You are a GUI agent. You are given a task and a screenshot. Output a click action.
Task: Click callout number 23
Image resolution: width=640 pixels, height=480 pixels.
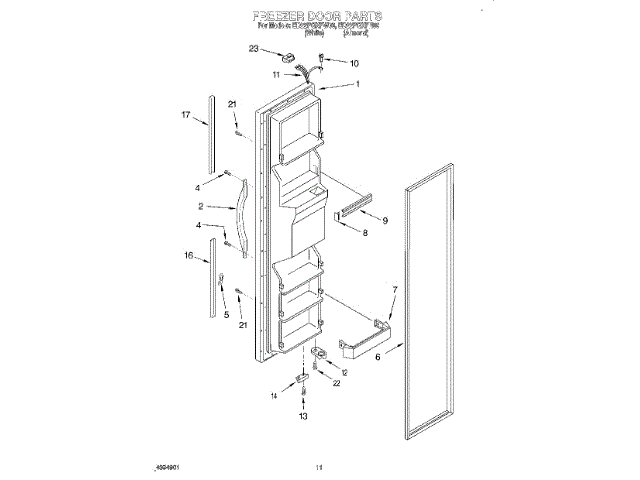(x=255, y=50)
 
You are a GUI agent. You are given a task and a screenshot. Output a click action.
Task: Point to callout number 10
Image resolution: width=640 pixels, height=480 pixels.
(x=354, y=63)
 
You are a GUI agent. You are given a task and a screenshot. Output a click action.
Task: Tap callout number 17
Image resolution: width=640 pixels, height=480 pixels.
(x=186, y=117)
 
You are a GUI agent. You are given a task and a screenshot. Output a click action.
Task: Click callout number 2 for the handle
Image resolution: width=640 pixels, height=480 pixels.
(x=202, y=207)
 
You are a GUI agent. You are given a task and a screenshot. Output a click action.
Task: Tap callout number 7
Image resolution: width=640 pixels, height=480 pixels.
(x=394, y=289)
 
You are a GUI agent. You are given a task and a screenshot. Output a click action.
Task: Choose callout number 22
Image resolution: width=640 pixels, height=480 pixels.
(x=337, y=383)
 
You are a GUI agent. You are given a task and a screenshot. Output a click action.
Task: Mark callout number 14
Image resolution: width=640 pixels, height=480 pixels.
(x=273, y=396)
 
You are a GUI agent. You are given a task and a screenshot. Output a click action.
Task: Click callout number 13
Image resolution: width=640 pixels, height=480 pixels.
(x=304, y=416)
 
